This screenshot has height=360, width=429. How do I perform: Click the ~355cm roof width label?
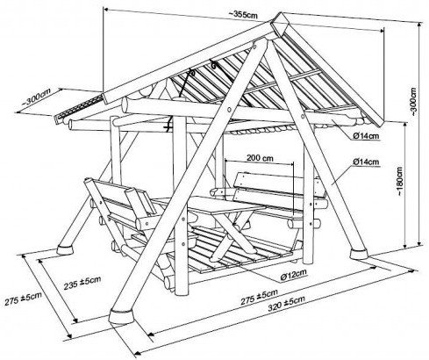point(243,14)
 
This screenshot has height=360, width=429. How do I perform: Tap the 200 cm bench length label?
point(260,158)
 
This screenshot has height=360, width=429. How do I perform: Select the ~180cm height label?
point(399,182)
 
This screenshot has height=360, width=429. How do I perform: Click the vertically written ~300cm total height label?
point(415,102)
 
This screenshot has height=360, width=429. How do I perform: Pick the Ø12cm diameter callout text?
point(293,275)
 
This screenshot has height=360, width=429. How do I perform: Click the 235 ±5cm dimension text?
point(82,283)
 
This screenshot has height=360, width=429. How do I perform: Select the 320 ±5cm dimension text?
point(287,303)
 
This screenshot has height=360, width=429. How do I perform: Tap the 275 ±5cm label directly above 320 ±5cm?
point(259,297)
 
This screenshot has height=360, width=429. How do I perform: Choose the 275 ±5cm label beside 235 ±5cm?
point(23,299)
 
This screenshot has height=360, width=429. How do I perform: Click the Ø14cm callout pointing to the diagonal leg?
point(366,162)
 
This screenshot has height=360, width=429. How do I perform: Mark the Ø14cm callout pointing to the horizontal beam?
point(366,135)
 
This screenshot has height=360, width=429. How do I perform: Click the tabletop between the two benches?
point(218,205)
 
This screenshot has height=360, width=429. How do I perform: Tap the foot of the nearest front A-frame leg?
point(122,316)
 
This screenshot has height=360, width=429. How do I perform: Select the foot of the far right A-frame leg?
point(360,254)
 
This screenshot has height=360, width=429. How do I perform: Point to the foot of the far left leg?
point(65,249)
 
